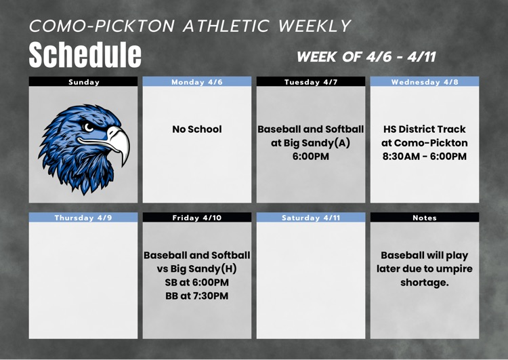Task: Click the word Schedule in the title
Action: coord(85,54)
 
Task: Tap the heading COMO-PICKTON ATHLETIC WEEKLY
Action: coord(190,26)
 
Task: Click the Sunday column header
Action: coord(84,82)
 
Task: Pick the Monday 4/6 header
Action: coord(197,82)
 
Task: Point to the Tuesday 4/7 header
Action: coord(311,82)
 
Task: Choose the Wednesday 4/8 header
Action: coord(425,82)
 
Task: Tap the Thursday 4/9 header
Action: coord(84,218)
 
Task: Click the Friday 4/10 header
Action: coord(197,218)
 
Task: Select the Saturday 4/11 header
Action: coord(311,218)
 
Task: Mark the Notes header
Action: coord(425,218)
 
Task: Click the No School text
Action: coord(197,129)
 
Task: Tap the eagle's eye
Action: coord(89,127)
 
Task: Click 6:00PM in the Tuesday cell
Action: coord(311,157)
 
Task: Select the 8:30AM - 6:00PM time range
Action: coord(425,157)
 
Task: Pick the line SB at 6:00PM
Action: coord(197,282)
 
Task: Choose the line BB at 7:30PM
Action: coord(197,296)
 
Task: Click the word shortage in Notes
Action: coord(424,283)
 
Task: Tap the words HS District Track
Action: coord(425,129)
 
